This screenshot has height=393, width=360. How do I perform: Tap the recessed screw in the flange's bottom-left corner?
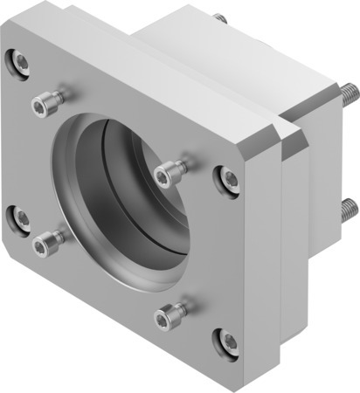(x=17, y=216)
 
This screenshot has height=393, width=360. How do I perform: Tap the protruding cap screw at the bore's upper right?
(x=168, y=174)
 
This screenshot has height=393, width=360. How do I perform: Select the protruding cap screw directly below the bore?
(x=169, y=315)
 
